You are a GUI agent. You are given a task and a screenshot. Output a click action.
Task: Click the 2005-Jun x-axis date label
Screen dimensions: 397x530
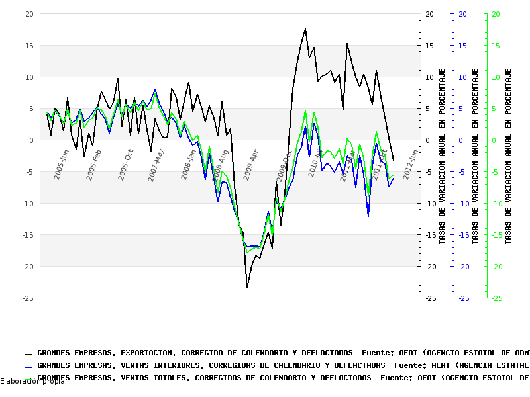pyautogui.click(x=62, y=165)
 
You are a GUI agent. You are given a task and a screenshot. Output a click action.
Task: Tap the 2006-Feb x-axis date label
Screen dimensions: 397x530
pyautogui.click(x=95, y=165)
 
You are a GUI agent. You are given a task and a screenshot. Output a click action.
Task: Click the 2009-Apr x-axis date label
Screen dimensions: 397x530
pyautogui.click(x=251, y=165)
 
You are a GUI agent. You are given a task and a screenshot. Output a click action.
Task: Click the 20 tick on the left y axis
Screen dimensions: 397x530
pyautogui.click(x=28, y=14)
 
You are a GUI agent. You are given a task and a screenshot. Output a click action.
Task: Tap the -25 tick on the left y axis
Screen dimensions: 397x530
pyautogui.click(x=26, y=298)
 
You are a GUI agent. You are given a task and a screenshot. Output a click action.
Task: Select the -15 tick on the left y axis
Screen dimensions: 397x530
pyautogui.click(x=26, y=235)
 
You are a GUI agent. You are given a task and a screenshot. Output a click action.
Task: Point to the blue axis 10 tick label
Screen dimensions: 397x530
pyautogui.click(x=462, y=77)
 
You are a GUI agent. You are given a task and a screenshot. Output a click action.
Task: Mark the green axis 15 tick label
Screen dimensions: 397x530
pyautogui.click(x=495, y=46)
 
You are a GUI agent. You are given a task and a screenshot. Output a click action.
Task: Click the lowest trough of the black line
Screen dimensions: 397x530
pyautogui.click(x=247, y=287)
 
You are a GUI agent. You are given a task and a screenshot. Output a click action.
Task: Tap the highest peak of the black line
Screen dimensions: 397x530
pyautogui.click(x=305, y=29)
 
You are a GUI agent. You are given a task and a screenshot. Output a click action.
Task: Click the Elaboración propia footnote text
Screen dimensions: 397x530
pyautogui.click(x=32, y=382)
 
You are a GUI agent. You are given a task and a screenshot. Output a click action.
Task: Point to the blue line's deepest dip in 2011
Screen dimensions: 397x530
pyautogui.click(x=368, y=216)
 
